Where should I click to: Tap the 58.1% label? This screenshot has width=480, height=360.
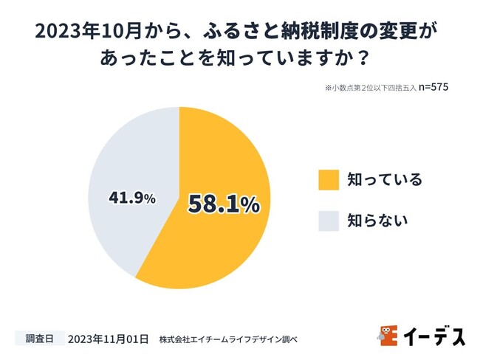tap(223, 204)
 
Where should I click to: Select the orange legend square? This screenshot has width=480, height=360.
tap(329, 179)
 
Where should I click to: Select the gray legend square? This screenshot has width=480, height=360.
tap(329, 221)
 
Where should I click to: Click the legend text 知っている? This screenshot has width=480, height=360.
tap(385, 179)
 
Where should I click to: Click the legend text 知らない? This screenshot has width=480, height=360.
tap(377, 221)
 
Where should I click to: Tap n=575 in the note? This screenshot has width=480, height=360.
tap(434, 87)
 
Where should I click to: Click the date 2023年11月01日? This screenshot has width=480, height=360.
tap(108, 339)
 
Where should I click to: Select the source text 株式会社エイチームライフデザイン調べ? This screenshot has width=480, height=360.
tap(228, 339)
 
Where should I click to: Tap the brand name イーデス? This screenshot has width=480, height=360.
tap(434, 336)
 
